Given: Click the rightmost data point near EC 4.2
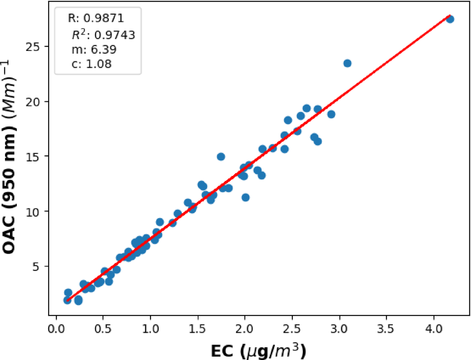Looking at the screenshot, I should pyautogui.click(x=450, y=19).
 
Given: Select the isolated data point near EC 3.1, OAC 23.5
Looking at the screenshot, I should pyautogui.click(x=347, y=63).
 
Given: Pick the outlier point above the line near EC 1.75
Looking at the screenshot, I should pyautogui.click(x=221, y=157).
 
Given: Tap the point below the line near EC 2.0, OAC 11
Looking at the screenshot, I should pyautogui.click(x=246, y=197).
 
